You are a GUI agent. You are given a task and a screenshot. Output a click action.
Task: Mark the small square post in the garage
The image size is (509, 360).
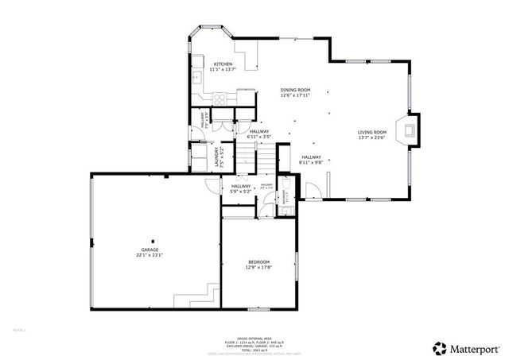pyautogui.click(x=155, y=240)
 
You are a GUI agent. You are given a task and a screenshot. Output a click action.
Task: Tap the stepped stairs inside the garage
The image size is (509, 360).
pyautogui.click(x=205, y=296)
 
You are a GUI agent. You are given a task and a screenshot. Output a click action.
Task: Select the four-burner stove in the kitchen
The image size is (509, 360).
pyautogui.click(x=220, y=97)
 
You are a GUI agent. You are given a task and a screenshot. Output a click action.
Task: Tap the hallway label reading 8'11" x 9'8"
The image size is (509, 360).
pyautogui.click(x=310, y=160)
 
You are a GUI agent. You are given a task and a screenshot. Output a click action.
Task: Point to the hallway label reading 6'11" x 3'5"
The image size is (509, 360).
pyautogui.click(x=260, y=134)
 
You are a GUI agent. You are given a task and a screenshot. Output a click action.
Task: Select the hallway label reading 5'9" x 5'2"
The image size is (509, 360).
pyautogui.click(x=240, y=188)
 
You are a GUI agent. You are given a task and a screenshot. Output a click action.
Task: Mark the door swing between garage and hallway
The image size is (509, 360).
pyautogui.click(x=213, y=188)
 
